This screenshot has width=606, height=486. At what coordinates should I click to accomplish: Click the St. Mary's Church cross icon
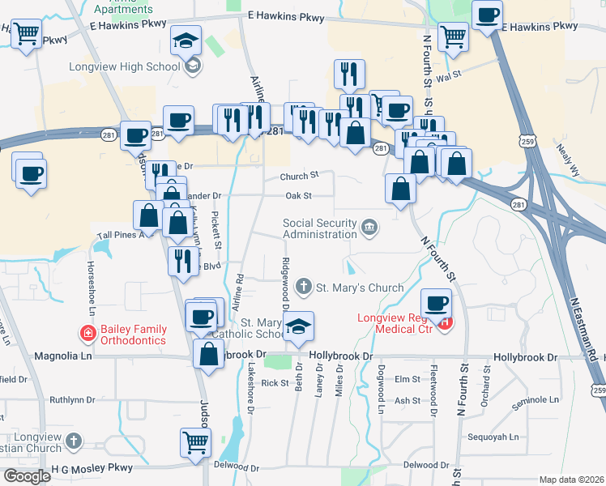(304, 286)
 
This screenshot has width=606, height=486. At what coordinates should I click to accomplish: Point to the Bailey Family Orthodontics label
(134, 335)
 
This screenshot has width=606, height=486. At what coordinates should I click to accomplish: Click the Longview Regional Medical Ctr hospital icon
(445, 323)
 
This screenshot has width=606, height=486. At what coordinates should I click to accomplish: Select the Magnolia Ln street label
(61, 356)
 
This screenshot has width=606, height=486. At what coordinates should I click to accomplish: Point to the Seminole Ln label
(536, 400)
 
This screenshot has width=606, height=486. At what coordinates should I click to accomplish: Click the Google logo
(28, 476)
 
